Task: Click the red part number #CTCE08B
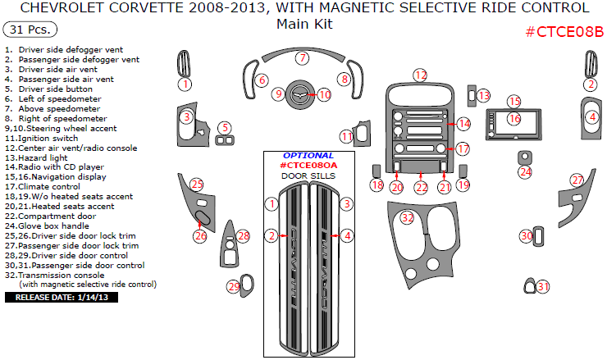tap(563, 32)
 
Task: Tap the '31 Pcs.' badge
tap(30, 30)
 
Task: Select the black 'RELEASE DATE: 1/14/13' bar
tap(62, 297)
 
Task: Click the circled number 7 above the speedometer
tap(303, 58)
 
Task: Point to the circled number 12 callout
tap(420, 75)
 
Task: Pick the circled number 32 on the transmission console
tap(407, 217)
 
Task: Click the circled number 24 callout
tap(525, 172)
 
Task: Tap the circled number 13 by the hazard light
tap(484, 96)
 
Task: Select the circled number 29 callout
tap(234, 287)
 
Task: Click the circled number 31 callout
tap(543, 286)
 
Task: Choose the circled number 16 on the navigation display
tap(513, 119)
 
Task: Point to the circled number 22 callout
tap(421, 188)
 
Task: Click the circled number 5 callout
tap(223, 127)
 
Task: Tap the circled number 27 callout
tap(577, 180)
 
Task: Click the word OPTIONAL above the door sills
tap(308, 155)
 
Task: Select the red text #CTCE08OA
tap(308, 165)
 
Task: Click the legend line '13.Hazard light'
tap(38, 157)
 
